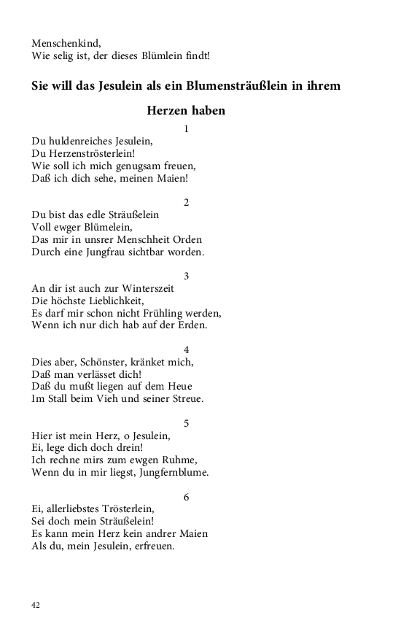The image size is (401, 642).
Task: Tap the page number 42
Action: pos(36,605)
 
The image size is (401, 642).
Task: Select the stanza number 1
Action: pos(186,128)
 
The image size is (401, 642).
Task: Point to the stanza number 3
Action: pos(186,275)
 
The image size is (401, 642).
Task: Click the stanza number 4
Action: pos(186,349)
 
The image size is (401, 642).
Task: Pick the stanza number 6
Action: pos(186,496)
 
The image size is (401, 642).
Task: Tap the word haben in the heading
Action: pos(206,111)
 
